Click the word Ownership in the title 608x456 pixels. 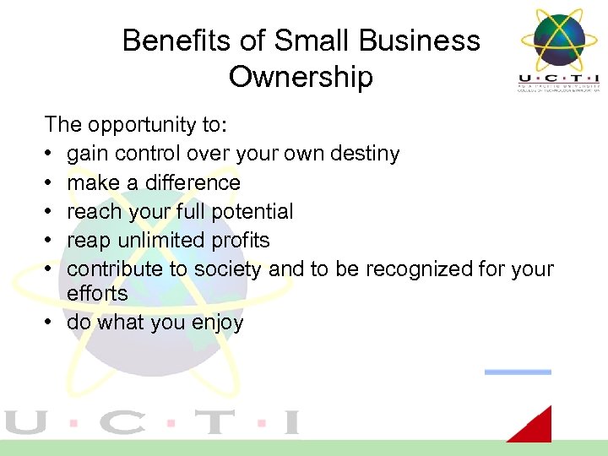click(301, 77)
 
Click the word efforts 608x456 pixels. click(97, 293)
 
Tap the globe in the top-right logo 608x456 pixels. click(559, 39)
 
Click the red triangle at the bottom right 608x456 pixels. click(535, 426)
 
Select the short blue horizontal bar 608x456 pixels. click(518, 372)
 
